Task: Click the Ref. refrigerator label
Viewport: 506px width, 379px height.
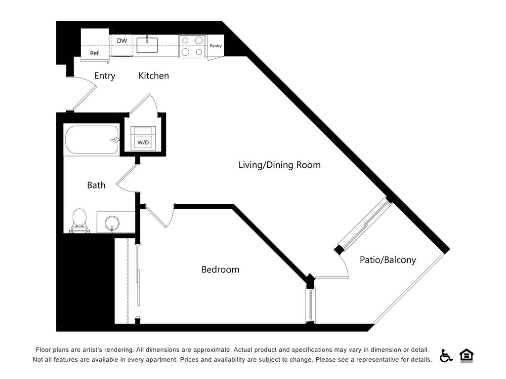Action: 95,53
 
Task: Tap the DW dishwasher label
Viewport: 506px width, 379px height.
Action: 122,40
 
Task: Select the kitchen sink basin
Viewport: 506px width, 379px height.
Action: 147,45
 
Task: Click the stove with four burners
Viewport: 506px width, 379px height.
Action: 192,46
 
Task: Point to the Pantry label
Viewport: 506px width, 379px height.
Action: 215,46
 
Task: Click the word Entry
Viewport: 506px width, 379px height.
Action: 105,76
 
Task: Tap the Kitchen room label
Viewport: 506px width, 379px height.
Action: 154,76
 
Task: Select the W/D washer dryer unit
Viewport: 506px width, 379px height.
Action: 143,138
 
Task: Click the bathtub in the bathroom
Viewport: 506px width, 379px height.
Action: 92,140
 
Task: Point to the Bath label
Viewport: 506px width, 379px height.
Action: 96,185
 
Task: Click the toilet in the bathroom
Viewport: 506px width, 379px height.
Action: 80,221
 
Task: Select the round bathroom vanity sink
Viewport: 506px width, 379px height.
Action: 112,223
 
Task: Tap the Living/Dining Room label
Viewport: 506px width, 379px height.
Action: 280,165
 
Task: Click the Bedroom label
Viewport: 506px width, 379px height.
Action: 220,269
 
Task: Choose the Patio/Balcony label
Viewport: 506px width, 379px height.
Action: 388,260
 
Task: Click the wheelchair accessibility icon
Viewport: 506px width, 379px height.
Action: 446,355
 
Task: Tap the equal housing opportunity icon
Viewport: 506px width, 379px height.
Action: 466,356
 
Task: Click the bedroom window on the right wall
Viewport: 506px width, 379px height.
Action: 310,304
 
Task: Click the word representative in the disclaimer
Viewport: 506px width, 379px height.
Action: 377,360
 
